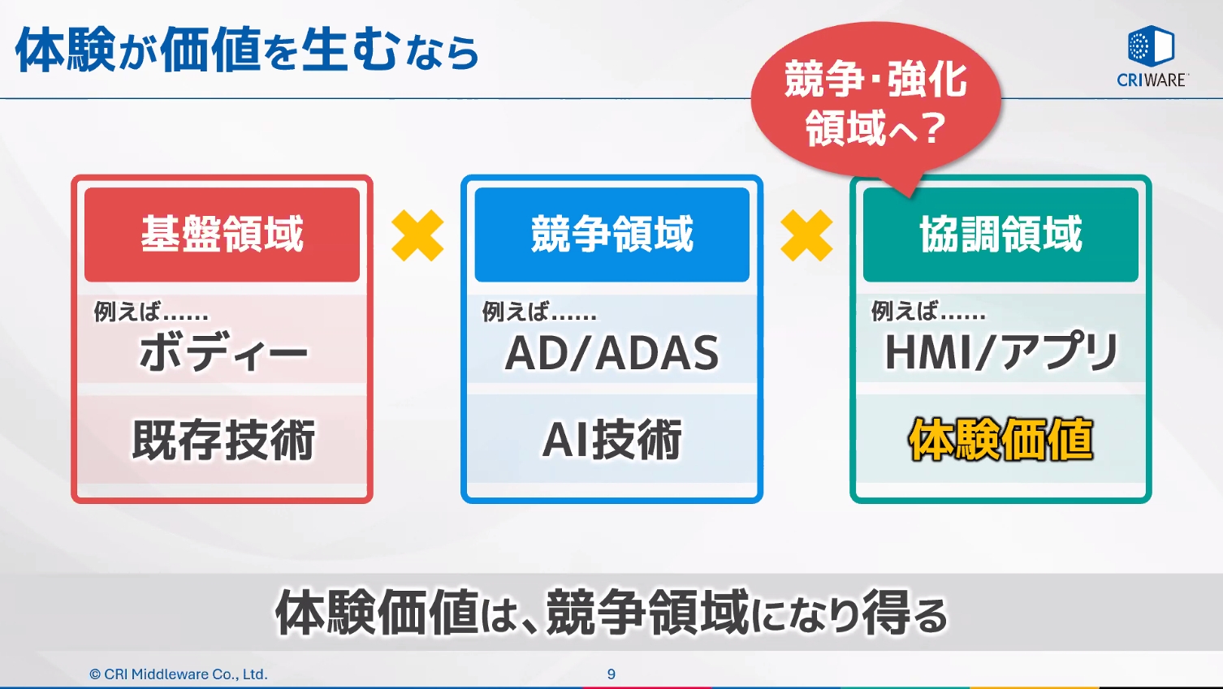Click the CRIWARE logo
[1152, 56]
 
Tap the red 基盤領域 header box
[222, 235]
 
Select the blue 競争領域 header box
[611, 235]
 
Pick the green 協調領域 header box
[1000, 235]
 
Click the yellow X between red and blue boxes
[417, 235]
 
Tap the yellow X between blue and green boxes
[806, 235]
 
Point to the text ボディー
[223, 353]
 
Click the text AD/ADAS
[612, 353]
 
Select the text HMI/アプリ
[1001, 353]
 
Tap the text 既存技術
[223, 440]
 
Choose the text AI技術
[612, 440]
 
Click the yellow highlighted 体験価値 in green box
[1001, 440]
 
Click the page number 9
[611, 674]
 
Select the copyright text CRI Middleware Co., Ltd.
[179, 674]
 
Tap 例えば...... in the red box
[151, 312]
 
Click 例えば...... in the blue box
[539, 312]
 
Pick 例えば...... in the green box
[928, 312]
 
